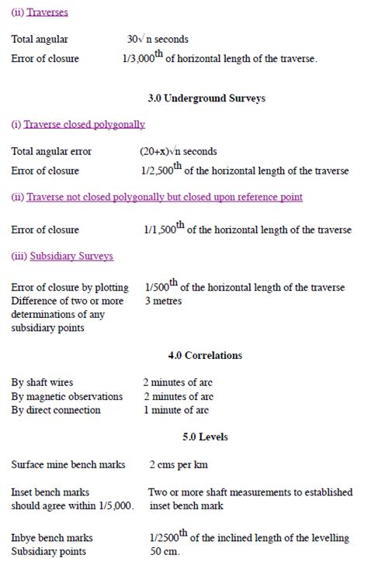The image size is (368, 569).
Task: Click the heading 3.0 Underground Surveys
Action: point(206,98)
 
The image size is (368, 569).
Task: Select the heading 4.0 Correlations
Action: point(205,355)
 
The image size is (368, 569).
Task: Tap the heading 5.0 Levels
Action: point(205,437)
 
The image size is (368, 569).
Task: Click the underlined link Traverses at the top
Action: point(46,12)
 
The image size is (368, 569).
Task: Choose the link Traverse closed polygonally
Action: point(84,124)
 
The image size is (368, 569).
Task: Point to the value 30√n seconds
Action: point(158,39)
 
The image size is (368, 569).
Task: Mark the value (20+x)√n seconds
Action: point(178,151)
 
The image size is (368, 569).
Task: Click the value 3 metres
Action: point(163,300)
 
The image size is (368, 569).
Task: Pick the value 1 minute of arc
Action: point(176,410)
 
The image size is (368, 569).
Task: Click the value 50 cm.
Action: point(165,551)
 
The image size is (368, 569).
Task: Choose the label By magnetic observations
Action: point(67,396)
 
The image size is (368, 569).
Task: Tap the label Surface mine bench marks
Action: point(69,465)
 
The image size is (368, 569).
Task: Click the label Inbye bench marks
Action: point(51,537)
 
